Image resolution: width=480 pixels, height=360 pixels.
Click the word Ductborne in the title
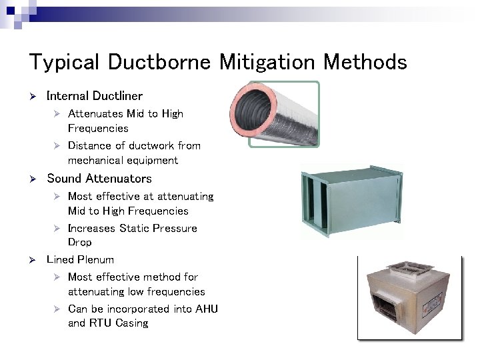tap(158, 62)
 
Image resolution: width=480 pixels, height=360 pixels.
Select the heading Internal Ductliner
tap(94, 96)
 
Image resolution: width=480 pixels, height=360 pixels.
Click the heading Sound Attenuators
tap(99, 178)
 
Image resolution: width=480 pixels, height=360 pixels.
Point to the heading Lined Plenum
tap(80, 259)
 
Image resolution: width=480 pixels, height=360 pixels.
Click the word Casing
tap(132, 323)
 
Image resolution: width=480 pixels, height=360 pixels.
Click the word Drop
tap(79, 242)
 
